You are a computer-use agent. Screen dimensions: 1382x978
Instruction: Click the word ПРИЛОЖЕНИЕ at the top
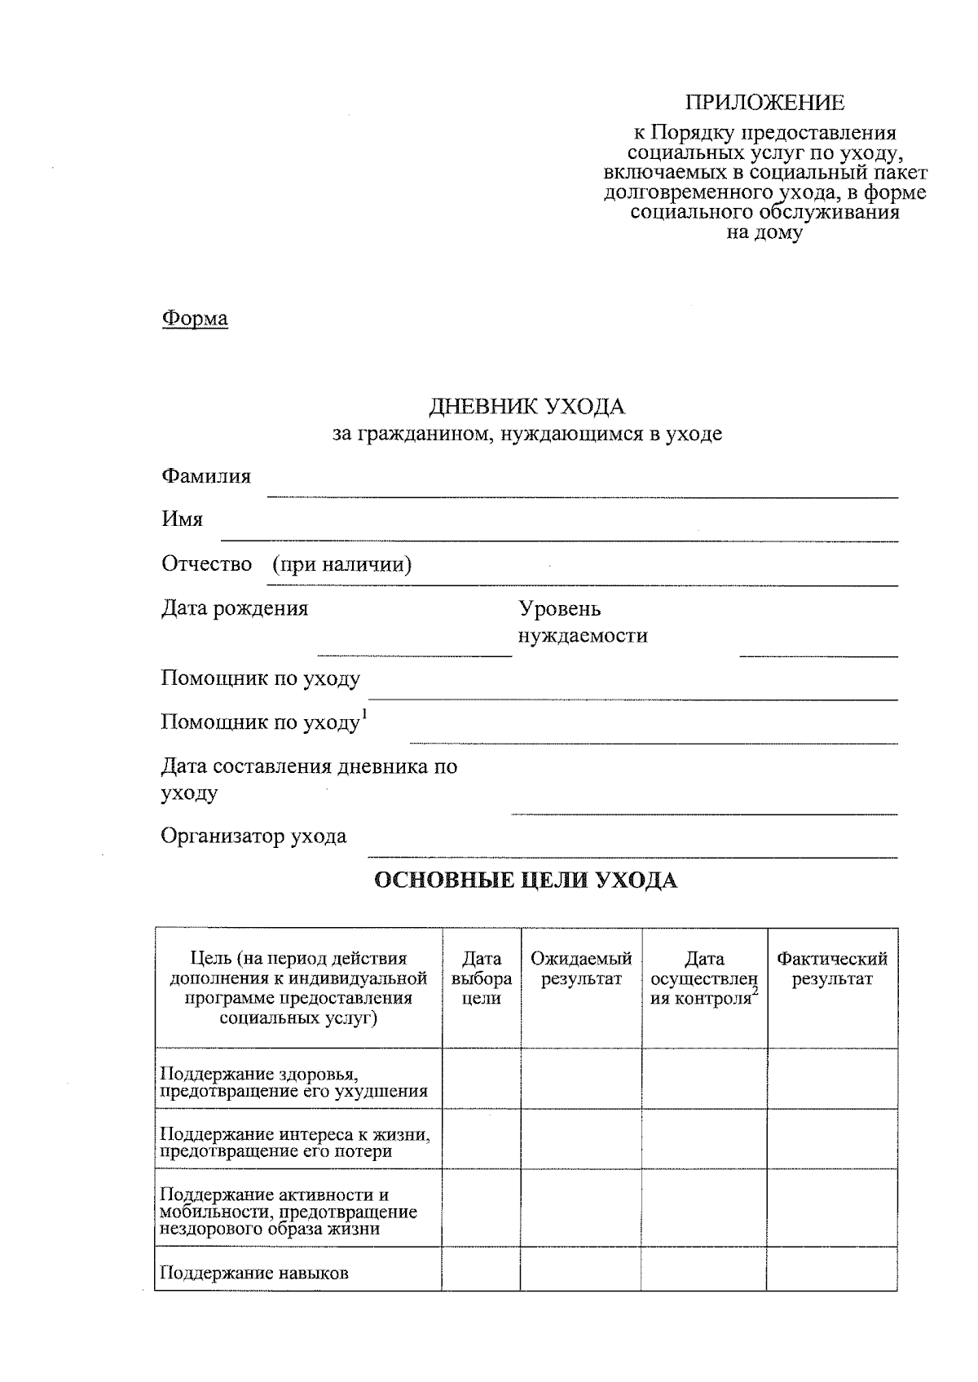764,103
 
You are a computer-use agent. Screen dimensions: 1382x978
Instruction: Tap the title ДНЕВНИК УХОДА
526,406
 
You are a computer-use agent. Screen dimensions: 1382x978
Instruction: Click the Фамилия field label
206,476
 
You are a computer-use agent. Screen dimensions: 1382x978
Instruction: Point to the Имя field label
182,519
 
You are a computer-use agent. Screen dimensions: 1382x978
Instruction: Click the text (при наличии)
341,564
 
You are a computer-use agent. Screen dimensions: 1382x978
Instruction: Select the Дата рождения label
235,608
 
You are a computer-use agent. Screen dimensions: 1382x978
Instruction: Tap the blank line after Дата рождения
414,653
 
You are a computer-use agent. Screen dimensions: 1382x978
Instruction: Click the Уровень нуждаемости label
583,622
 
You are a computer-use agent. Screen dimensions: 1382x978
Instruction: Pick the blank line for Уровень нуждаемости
817,654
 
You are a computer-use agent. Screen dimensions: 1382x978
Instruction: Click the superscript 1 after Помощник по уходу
364,715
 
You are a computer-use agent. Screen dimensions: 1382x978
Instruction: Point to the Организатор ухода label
253,837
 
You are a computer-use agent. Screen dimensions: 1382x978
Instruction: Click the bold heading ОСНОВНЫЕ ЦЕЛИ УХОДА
526,881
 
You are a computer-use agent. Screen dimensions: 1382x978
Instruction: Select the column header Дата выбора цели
481,978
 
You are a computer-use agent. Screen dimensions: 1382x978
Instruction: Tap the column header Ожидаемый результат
581,969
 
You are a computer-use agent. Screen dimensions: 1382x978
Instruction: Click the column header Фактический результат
832,969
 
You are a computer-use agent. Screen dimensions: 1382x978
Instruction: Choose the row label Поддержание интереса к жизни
295,1142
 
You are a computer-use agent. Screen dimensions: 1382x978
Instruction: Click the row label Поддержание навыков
254,1273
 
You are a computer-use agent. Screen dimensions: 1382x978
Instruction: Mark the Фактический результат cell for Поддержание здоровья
832,1079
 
